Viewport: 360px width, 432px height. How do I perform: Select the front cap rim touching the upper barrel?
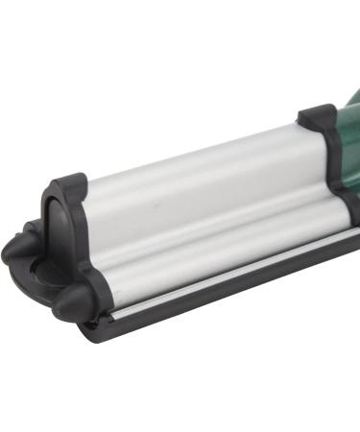88,206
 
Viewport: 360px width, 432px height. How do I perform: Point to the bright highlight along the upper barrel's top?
192,144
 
